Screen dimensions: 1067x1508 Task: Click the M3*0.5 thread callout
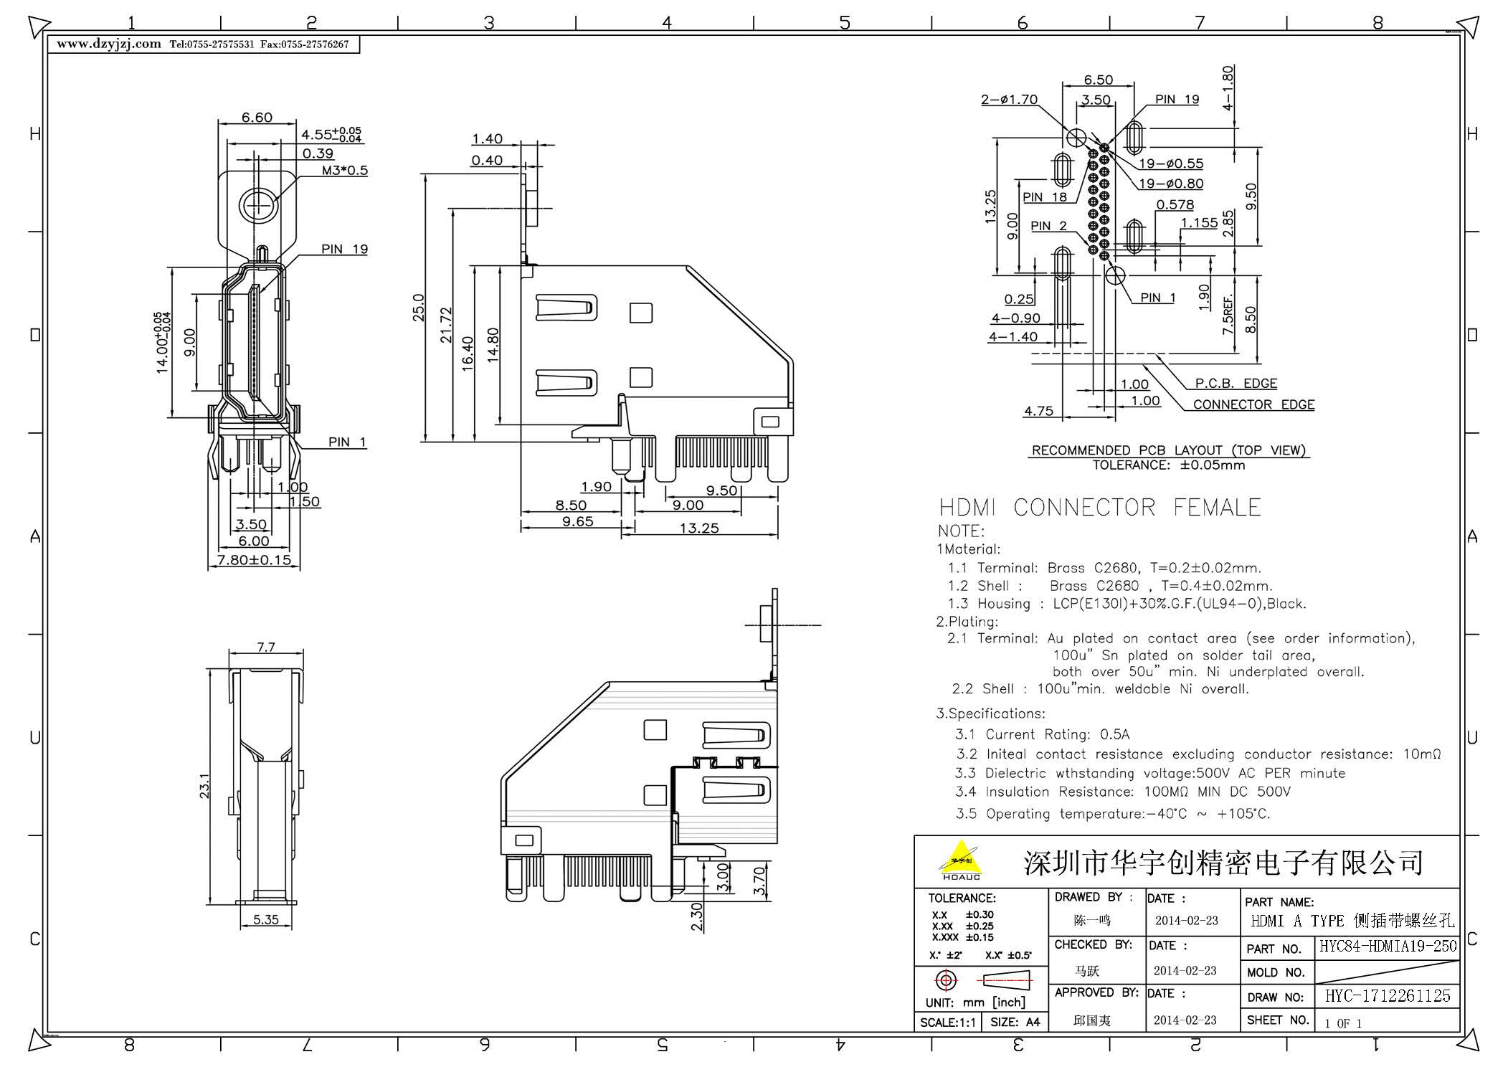click(344, 171)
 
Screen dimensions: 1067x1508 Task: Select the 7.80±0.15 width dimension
click(254, 559)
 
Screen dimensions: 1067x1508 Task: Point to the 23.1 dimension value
click(204, 786)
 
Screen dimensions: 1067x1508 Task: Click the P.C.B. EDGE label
click(1236, 384)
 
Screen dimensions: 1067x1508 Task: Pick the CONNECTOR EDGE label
click(1253, 404)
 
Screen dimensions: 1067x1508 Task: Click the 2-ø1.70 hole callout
click(1009, 100)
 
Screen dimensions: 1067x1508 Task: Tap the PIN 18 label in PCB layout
click(1044, 197)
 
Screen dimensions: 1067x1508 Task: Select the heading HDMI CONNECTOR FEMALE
click(1099, 508)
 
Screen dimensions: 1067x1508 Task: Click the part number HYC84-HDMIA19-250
click(1388, 947)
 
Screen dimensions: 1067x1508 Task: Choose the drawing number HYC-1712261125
click(1388, 996)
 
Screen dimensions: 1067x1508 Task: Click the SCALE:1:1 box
click(947, 1023)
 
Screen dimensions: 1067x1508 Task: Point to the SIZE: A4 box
click(1015, 1023)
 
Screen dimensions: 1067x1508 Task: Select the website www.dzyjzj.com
click(109, 44)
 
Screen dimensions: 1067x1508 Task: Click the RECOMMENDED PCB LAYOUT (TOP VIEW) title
click(1168, 450)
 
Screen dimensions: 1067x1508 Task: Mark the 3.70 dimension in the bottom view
click(760, 881)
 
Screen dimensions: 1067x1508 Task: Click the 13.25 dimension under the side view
click(698, 528)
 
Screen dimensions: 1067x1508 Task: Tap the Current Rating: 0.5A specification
click(1042, 734)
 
